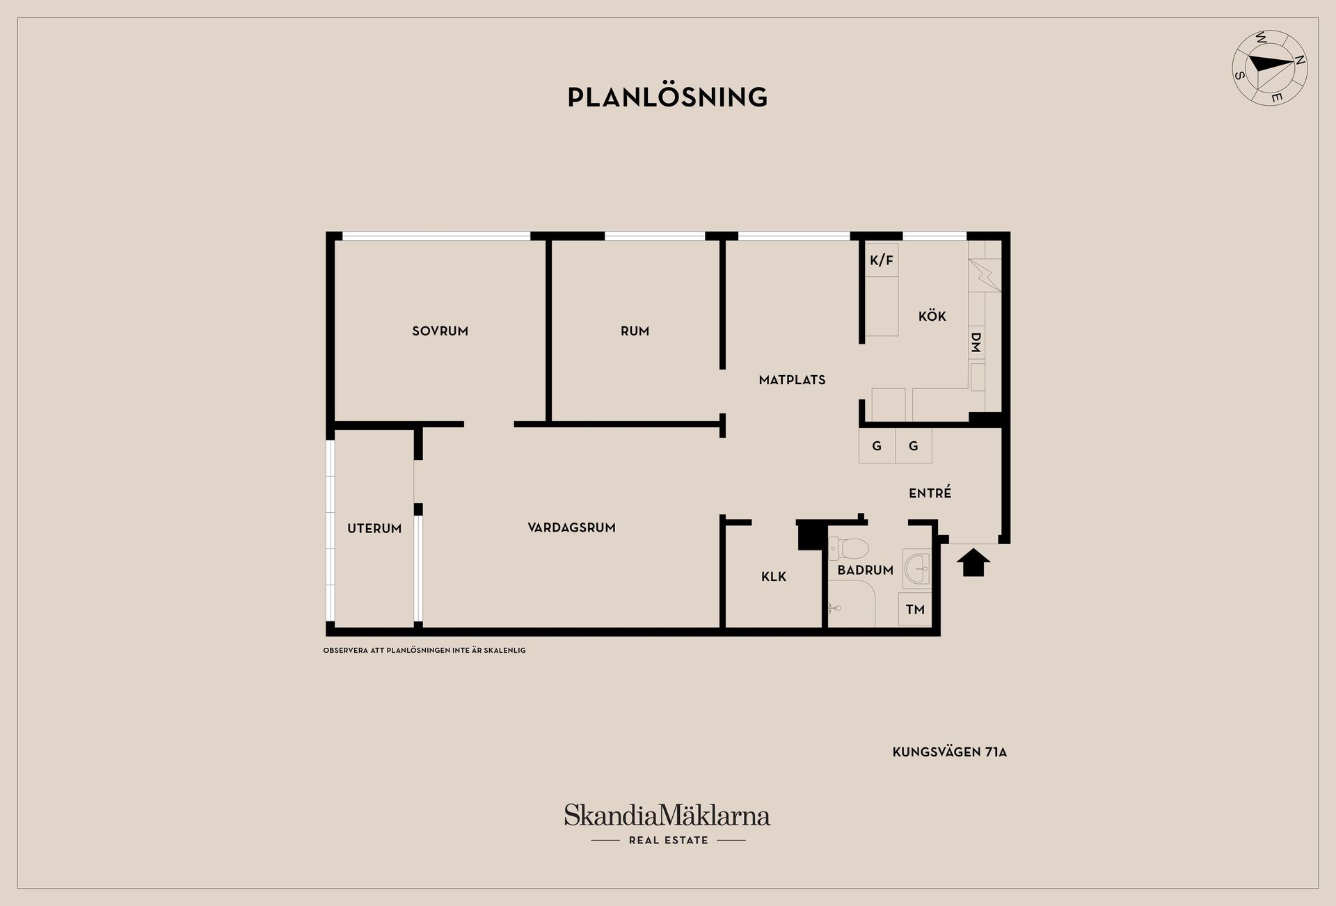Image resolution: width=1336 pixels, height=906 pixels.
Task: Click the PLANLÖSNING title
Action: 667,97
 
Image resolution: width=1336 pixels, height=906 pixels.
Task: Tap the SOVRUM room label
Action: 440,331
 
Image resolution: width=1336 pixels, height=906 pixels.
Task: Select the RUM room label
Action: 635,331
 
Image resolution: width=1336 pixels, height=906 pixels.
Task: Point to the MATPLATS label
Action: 792,380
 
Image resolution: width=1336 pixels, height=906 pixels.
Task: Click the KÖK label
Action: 932,317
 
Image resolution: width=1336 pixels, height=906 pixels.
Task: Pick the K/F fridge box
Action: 881,260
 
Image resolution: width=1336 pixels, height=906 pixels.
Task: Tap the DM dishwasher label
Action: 976,342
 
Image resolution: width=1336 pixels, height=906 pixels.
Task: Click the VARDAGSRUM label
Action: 571,527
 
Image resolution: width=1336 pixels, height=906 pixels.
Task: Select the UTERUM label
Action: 374,529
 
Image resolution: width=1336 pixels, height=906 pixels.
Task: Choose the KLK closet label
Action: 773,577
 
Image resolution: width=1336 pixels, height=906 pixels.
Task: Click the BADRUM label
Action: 865,571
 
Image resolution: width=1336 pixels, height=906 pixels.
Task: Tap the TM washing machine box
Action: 914,610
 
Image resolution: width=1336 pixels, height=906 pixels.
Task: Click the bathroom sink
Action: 917,568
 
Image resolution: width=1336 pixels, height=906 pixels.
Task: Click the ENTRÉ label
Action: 930,493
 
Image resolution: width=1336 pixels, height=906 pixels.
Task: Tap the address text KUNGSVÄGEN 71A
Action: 949,752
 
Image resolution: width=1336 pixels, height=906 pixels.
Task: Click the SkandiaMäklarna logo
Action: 667,816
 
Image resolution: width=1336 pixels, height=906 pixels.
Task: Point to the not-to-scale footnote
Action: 424,651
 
